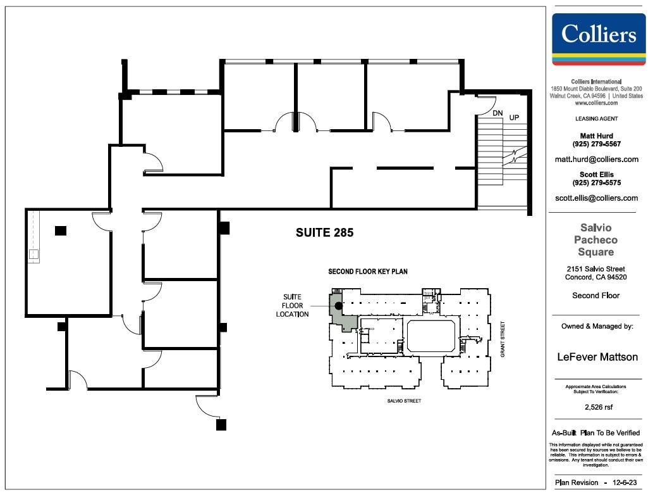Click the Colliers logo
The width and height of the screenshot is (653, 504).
599,39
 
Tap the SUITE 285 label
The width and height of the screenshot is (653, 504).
324,233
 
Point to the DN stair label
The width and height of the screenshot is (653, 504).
497,113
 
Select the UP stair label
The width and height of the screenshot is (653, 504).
515,118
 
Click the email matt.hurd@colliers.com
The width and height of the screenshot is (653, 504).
596,160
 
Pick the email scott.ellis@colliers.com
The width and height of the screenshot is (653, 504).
596,198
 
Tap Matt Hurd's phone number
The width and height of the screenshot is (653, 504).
596,144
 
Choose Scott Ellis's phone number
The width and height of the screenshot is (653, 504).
596,183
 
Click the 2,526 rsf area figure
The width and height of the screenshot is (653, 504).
599,407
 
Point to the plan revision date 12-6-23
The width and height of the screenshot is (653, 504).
625,482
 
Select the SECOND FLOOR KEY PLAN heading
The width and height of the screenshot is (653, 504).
368,272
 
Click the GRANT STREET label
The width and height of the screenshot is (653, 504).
503,339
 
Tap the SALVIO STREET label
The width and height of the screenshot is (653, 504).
404,401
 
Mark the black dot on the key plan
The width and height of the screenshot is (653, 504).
339,306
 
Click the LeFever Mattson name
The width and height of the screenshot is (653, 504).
597,357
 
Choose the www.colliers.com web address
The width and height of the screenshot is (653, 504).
596,103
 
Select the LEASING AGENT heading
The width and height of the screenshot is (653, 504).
596,119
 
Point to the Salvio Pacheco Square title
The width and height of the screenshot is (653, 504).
596,240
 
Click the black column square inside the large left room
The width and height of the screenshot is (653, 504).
61,230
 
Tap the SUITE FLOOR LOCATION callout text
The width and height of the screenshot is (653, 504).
292,305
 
